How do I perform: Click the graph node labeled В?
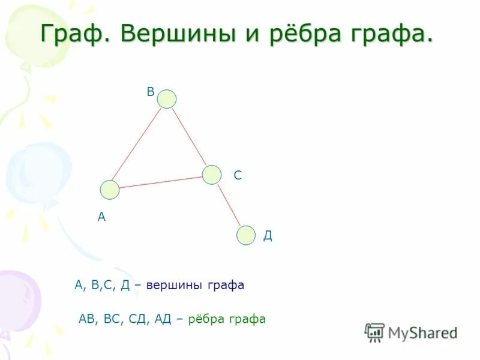[x=167, y=99]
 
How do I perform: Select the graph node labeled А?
[x=110, y=190]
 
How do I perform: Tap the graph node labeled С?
[x=211, y=175]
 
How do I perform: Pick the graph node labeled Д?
[x=245, y=235]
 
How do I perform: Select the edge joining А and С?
[x=161, y=182]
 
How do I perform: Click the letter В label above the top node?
[x=151, y=92]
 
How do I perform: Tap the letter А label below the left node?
[x=101, y=217]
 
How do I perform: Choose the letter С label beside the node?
[x=238, y=175]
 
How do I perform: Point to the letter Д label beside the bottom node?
[x=268, y=236]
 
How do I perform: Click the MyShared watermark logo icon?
[x=374, y=332]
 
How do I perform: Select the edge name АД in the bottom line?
[x=163, y=319]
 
